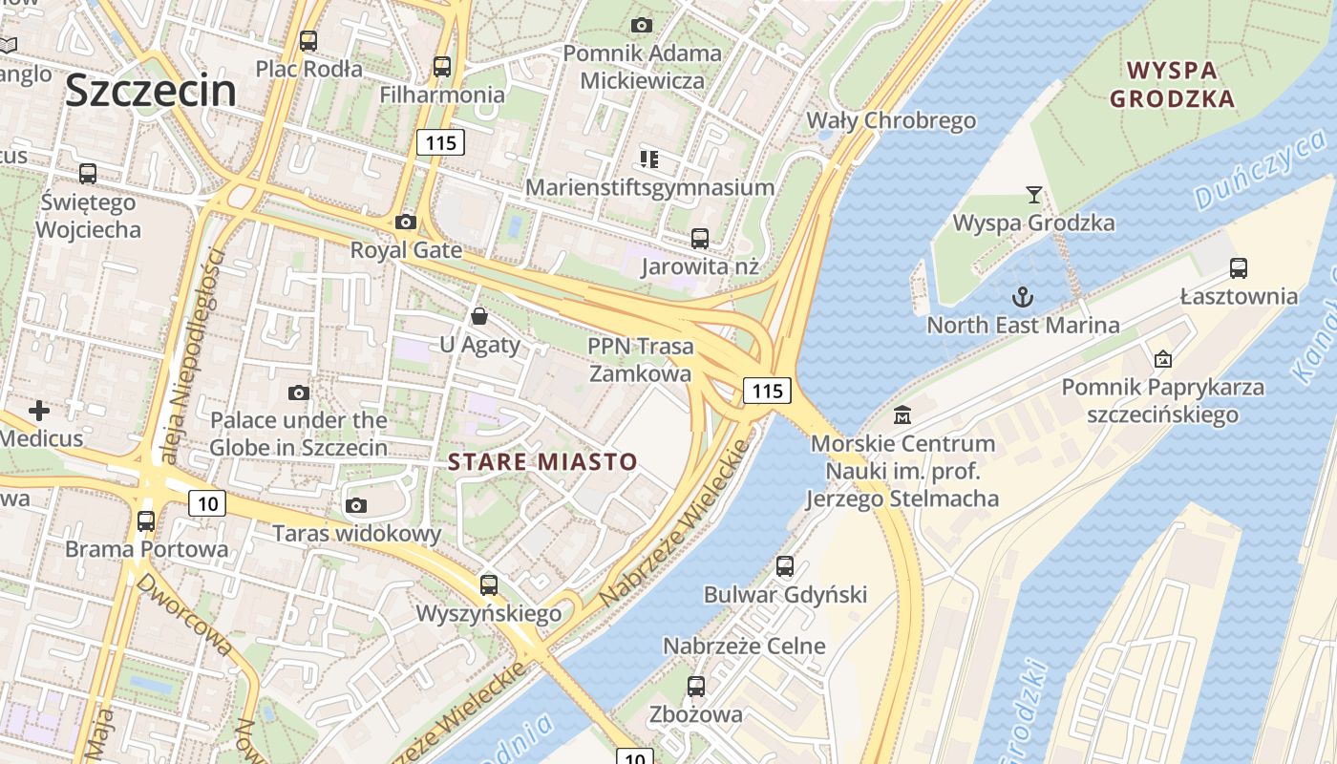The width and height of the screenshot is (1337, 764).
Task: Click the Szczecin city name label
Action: (151, 91)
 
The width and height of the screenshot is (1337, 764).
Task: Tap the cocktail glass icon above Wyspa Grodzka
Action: (1033, 196)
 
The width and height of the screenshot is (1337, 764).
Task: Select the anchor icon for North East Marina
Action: (1023, 297)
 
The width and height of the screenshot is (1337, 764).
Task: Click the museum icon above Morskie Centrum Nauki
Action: (902, 415)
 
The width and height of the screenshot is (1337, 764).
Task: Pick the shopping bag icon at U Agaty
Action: (479, 316)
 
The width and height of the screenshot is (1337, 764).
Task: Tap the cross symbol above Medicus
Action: (39, 411)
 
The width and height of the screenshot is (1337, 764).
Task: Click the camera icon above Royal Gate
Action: (406, 223)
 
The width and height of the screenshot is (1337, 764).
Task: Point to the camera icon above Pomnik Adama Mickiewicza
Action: (642, 25)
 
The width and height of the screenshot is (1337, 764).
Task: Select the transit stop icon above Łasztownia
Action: (1239, 268)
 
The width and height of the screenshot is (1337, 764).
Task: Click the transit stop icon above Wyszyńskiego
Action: (489, 584)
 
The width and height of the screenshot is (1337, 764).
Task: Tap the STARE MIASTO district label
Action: (542, 462)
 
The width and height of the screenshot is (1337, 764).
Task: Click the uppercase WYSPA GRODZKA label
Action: (1173, 84)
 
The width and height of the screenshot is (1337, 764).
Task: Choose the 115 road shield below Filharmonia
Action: (440, 143)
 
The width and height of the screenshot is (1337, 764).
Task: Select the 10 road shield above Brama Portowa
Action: (206, 503)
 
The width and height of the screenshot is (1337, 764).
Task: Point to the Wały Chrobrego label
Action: (891, 120)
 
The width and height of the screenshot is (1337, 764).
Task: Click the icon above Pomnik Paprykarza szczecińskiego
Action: (1163, 359)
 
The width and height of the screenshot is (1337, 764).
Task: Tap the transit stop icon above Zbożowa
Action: (696, 686)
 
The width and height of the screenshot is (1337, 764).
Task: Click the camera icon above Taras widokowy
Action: (356, 505)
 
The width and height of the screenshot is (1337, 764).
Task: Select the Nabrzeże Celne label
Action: (744, 646)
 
